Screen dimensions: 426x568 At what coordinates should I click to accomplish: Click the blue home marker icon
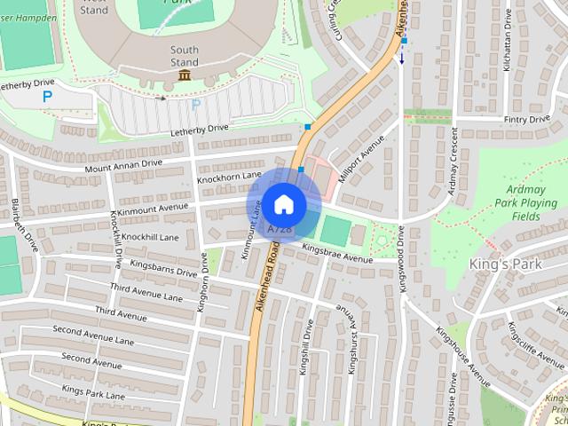283,205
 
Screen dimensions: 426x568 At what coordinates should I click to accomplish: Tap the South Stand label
185,56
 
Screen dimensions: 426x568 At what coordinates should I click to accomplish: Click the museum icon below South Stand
185,76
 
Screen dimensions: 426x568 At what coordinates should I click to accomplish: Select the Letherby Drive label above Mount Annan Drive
200,130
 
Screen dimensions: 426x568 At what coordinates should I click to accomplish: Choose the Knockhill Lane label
150,238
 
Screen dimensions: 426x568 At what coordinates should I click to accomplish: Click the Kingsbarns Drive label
163,269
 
